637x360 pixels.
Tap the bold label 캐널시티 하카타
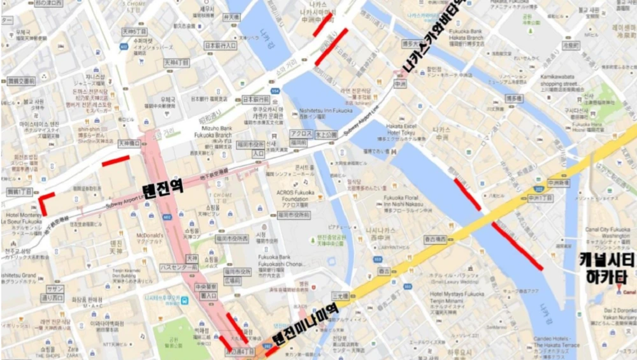603,268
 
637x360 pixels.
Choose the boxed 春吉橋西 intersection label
435,240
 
